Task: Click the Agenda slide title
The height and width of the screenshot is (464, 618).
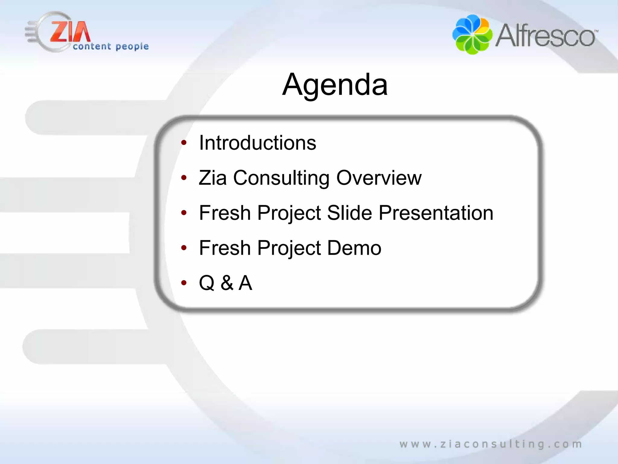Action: pos(335,85)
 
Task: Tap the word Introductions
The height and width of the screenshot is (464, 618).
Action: pos(257,143)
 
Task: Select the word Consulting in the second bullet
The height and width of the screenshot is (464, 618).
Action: pos(281,178)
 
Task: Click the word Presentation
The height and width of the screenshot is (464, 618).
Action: pos(436,213)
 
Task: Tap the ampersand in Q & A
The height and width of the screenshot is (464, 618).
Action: pos(227,283)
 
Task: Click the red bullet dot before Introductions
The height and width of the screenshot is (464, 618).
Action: pos(184,143)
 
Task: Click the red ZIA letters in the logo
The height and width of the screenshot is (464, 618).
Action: pos(70,32)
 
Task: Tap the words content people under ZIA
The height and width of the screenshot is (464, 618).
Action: pos(111,47)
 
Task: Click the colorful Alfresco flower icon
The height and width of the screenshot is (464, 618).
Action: pos(472,34)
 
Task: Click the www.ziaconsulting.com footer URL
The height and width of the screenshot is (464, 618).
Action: pos(491,444)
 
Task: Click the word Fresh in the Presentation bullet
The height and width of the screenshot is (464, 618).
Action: pos(225,213)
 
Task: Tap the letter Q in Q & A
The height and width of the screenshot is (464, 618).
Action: pos(207,283)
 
